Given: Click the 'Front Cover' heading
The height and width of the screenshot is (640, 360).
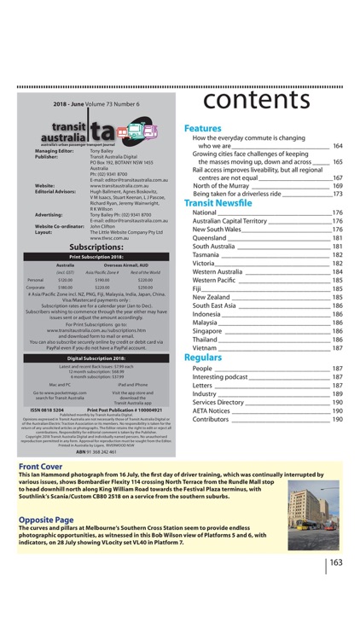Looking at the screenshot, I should click(40, 468).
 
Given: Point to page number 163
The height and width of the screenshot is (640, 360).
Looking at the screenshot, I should click(336, 562).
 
